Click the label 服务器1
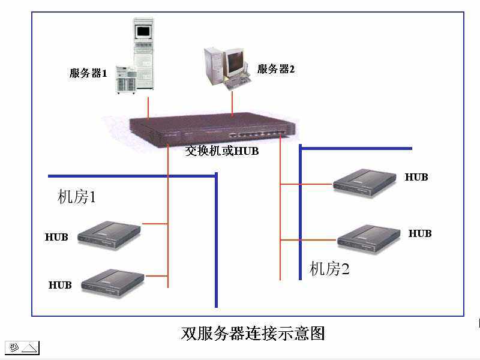tap(88, 74)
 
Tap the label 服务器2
tap(276, 69)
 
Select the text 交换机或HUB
tap(222, 151)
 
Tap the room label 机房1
tap(77, 197)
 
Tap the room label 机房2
tap(329, 269)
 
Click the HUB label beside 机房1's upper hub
tap(56, 237)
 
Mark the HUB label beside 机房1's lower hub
tap(60, 285)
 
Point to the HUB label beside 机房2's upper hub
tap(416, 177)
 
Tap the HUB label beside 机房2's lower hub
tap(420, 233)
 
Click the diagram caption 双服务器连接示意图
tap(253, 334)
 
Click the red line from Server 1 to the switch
tap(148, 106)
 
